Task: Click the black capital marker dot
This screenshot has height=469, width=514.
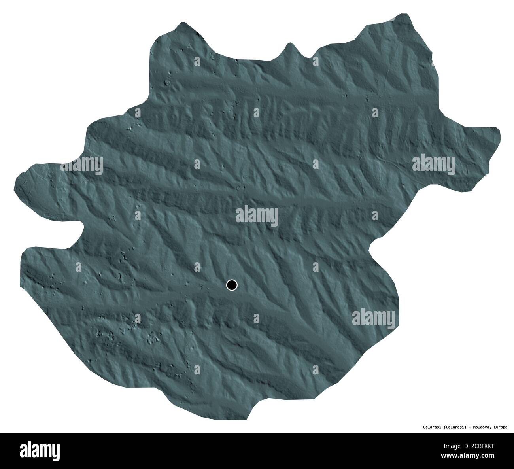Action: (x=232, y=285)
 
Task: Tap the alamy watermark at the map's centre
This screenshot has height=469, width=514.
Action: (x=257, y=216)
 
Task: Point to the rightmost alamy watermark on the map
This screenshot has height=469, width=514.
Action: (x=434, y=163)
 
